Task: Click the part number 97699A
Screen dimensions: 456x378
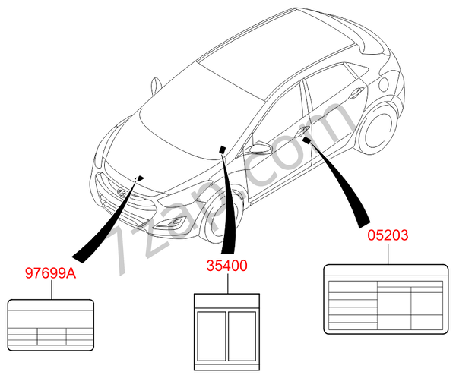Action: [51, 272]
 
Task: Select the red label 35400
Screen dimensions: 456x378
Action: [226, 265]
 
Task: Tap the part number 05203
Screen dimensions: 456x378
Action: [388, 235]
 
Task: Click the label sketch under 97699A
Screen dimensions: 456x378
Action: [51, 325]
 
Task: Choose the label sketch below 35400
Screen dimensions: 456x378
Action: [226, 332]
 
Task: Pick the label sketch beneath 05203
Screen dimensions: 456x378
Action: [386, 299]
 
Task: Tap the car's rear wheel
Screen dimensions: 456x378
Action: [377, 130]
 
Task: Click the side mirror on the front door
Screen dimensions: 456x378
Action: [261, 147]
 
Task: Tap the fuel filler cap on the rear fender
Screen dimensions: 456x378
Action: [384, 84]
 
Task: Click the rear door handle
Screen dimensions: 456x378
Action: [356, 93]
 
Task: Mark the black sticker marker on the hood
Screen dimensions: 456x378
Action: [141, 178]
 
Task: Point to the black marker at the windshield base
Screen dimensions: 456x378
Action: [223, 150]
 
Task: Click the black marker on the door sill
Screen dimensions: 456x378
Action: [306, 140]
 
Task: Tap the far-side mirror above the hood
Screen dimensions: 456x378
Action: [156, 86]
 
